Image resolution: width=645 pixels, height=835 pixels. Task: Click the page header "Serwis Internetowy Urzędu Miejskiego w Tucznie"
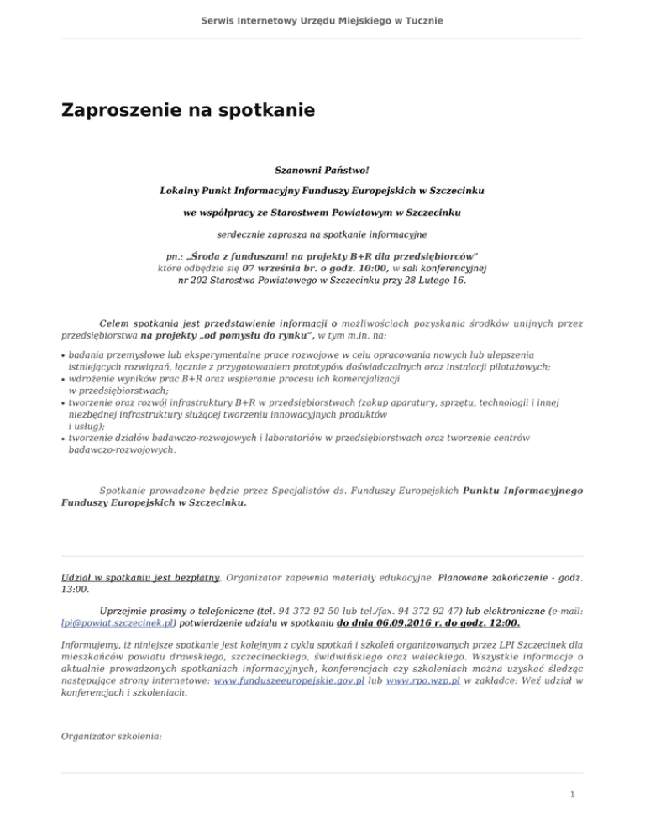tap(322, 18)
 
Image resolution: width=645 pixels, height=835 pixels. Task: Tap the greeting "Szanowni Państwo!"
tap(322, 171)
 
